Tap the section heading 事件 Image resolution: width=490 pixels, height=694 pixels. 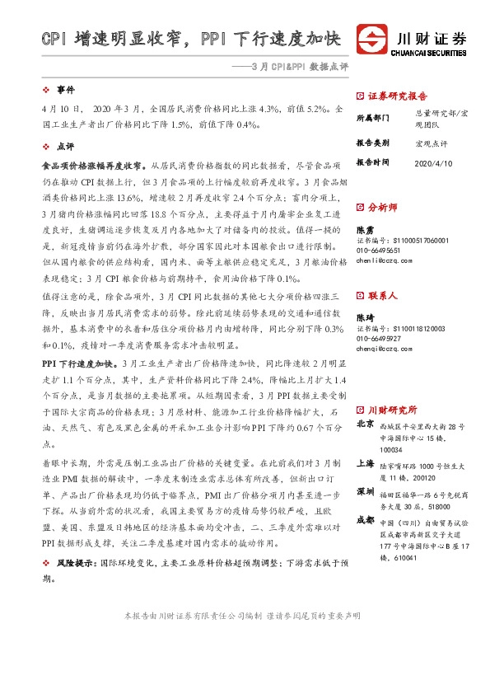point(65,88)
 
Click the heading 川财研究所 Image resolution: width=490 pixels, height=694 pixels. point(393,410)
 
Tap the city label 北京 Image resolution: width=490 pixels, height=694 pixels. point(365,425)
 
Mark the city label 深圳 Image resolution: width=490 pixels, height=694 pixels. point(365,490)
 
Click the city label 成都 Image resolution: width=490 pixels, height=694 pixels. point(365,520)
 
